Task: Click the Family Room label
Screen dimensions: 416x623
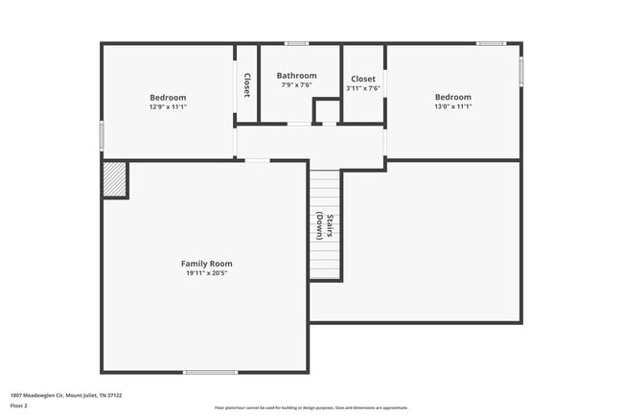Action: tap(206, 264)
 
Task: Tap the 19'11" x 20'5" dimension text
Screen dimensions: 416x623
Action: tap(206, 273)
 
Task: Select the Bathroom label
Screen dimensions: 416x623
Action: tap(296, 76)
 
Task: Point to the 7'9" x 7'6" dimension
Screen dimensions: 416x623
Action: tap(296, 85)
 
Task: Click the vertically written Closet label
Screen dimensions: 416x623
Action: tap(246, 85)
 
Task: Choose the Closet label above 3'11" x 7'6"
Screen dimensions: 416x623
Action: tap(363, 79)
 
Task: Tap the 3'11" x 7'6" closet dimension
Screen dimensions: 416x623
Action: tap(363, 88)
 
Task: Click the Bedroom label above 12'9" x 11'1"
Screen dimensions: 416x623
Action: tap(168, 97)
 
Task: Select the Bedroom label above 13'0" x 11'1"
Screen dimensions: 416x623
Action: tap(452, 97)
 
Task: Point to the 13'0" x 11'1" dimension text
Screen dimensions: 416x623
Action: tap(452, 106)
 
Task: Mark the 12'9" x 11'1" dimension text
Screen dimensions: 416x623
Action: tap(168, 106)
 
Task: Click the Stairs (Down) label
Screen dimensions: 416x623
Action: tap(324, 225)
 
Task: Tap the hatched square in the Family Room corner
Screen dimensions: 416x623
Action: tap(114, 179)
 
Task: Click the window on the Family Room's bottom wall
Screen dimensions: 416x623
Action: tap(210, 372)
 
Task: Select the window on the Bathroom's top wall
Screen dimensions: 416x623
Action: tap(296, 43)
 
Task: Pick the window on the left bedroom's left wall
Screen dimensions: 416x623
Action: tap(102, 135)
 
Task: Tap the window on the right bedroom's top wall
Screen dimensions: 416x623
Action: tap(491, 43)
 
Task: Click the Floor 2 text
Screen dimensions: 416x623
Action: tap(19, 405)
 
